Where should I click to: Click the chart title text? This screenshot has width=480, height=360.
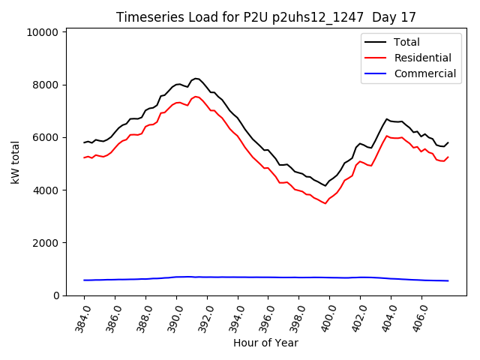click(x=266, y=17)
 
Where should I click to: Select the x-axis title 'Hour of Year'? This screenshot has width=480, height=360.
click(x=265, y=343)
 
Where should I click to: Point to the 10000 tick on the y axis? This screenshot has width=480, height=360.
click(x=43, y=32)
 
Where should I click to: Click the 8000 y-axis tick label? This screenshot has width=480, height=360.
click(x=46, y=85)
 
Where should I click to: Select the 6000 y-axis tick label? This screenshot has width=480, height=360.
click(x=46, y=137)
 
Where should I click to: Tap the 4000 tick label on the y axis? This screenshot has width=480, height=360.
click(x=46, y=190)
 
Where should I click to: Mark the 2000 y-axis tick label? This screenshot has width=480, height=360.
click(x=46, y=243)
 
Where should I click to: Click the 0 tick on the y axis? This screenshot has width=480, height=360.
click(x=56, y=295)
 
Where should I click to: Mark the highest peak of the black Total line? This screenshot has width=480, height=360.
click(x=196, y=78)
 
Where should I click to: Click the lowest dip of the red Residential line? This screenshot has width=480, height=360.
click(x=325, y=203)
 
